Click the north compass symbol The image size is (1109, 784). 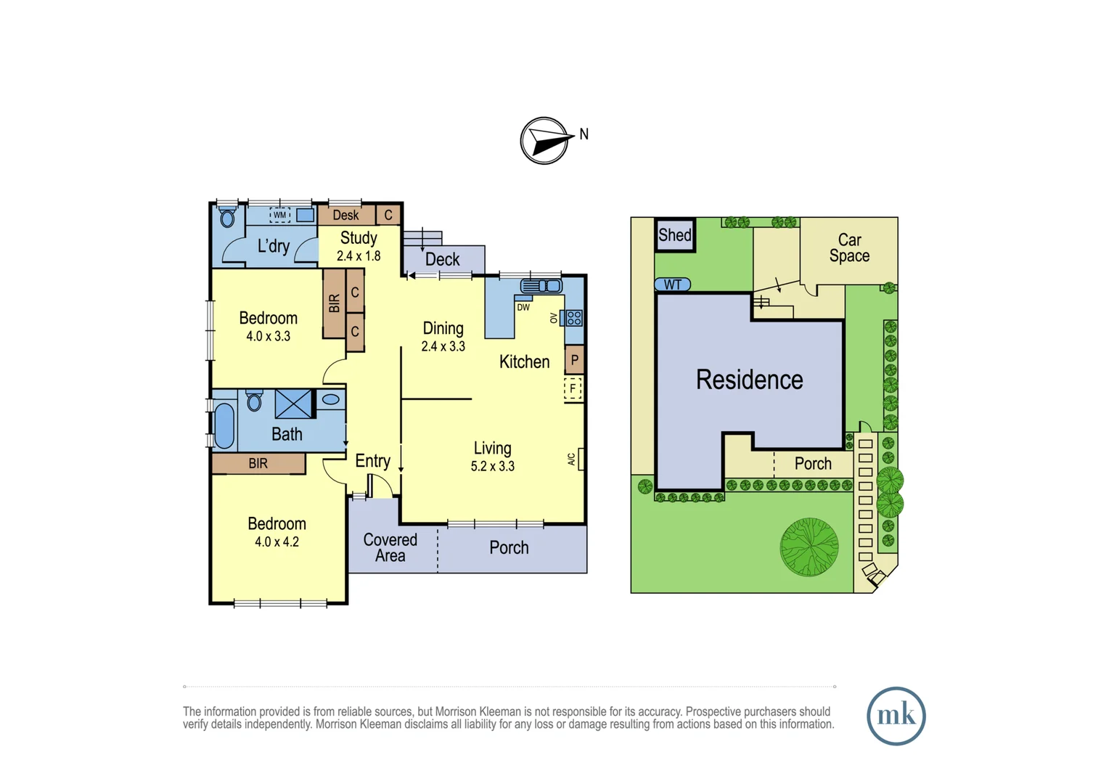tap(544, 141)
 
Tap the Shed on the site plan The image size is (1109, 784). tap(675, 234)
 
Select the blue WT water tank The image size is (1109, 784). tap(672, 285)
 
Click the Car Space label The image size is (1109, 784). tap(849, 248)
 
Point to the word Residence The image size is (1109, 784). tap(750, 380)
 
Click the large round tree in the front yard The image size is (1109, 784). tap(809, 547)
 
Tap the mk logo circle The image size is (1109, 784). tap(896, 716)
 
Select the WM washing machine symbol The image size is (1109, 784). tap(279, 215)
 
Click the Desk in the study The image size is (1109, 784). tap(346, 215)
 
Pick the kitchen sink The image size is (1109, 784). tap(541, 286)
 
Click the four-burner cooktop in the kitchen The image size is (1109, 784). tap(574, 318)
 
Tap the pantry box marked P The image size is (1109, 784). tap(574, 360)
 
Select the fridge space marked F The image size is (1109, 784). tap(573, 388)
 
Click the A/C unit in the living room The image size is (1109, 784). tap(581, 459)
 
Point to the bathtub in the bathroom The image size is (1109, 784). tap(224, 425)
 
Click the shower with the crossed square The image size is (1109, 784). tap(294, 404)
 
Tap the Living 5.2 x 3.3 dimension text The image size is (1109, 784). tap(493, 466)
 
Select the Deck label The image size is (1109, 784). tap(442, 259)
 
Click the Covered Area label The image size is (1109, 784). tap(390, 547)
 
